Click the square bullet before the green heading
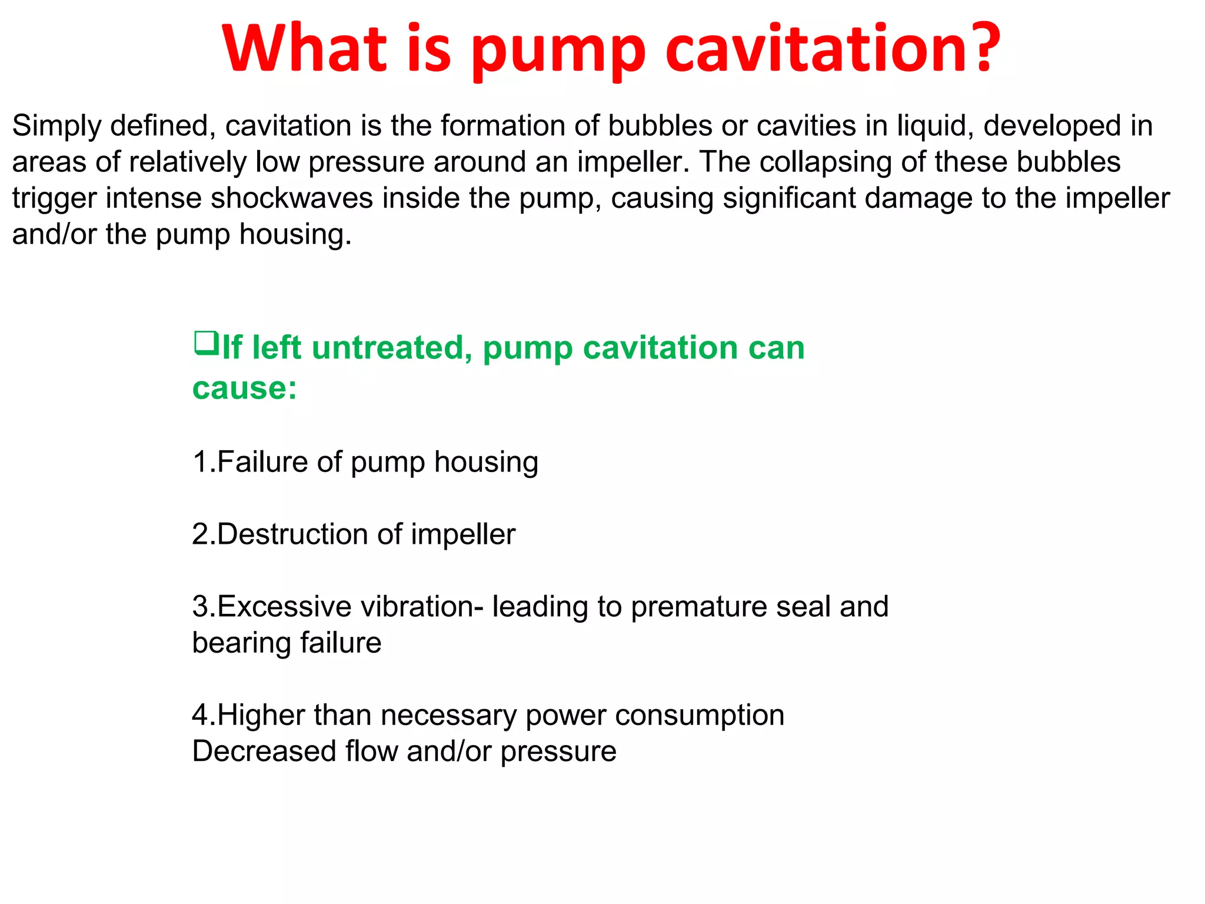coord(206,344)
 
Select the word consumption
coord(700,716)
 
